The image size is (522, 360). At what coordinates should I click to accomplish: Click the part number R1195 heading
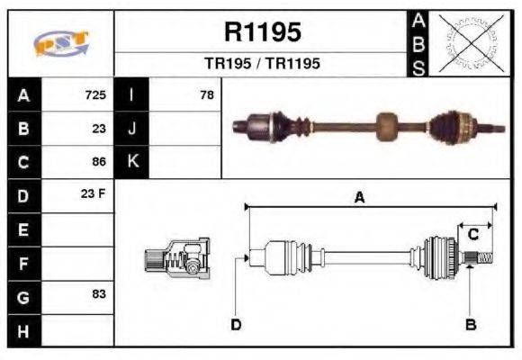click(261, 32)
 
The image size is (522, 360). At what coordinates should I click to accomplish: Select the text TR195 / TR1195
click(261, 64)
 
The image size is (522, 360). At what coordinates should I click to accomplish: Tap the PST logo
click(60, 44)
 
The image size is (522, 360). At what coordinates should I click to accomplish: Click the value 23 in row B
click(99, 128)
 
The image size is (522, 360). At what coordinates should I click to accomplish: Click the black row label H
click(24, 330)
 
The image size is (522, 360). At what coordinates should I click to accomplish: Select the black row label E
click(24, 229)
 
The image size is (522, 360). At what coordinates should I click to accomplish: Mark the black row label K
click(132, 162)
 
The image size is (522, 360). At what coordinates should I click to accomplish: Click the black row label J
click(132, 128)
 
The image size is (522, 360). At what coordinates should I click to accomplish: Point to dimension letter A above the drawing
click(359, 198)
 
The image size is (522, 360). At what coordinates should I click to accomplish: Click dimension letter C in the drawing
click(472, 235)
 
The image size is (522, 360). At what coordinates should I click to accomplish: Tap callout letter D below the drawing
click(236, 324)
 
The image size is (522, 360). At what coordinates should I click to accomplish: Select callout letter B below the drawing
click(470, 324)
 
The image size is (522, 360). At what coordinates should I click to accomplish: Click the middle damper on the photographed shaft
click(387, 125)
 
